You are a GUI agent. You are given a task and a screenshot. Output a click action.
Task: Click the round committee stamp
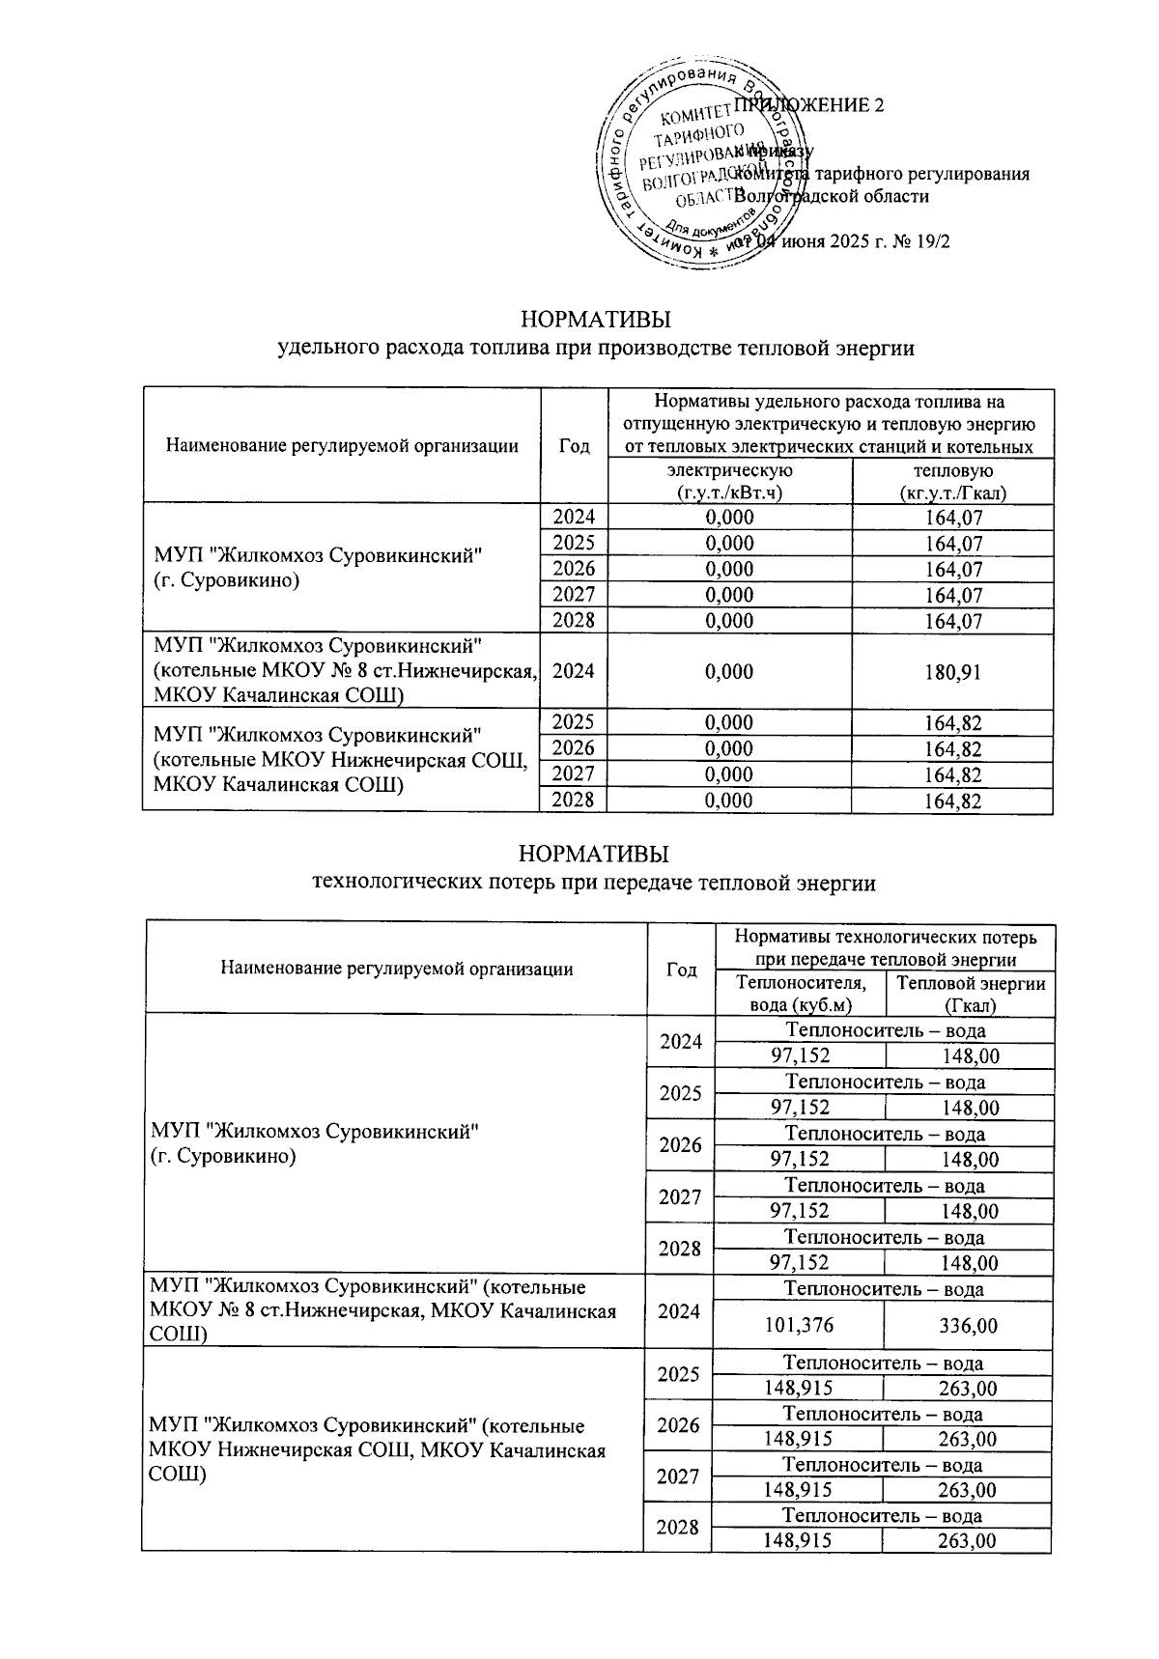[697, 166]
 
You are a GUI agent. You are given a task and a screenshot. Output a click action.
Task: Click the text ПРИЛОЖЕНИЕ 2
[809, 106]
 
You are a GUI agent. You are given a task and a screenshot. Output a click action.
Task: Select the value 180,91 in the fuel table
[951, 671]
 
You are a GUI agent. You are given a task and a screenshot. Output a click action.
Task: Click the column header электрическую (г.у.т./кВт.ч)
[730, 481]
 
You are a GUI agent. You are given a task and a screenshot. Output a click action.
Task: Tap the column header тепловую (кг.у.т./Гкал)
[952, 481]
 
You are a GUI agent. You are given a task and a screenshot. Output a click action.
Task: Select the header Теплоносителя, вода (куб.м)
[801, 994]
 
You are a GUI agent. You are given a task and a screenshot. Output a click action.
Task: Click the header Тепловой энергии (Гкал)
[970, 994]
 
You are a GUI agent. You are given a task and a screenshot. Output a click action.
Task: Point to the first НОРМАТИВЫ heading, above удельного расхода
[595, 319]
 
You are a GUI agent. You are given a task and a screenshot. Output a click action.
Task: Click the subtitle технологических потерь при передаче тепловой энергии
[595, 882]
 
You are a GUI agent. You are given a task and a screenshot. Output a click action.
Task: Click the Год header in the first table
[574, 445]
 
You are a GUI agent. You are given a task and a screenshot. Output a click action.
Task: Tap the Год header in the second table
[682, 969]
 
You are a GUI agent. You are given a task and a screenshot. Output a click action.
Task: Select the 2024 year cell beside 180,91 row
[574, 671]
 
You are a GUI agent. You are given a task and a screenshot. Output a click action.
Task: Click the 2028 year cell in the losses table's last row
[679, 1528]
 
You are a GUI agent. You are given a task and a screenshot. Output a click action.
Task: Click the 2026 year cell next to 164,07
[574, 569]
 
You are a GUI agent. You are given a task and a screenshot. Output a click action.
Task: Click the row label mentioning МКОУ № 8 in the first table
[343, 671]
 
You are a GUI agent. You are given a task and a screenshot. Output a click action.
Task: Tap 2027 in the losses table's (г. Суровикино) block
[679, 1197]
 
